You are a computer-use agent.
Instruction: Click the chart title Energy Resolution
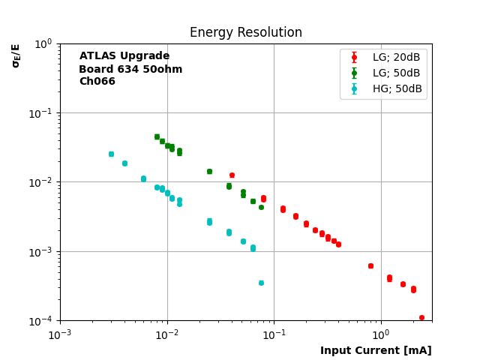click(x=245, y=33)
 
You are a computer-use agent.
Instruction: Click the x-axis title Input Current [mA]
click(x=376, y=350)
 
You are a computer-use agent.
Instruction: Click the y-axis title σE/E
click(x=16, y=55)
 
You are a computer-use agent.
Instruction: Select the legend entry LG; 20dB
click(x=396, y=57)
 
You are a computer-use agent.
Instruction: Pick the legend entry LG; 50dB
click(x=396, y=73)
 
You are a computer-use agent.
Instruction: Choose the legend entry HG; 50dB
click(x=397, y=88)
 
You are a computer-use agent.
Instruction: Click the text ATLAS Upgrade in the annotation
click(x=124, y=56)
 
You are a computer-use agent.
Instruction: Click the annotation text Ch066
click(x=97, y=82)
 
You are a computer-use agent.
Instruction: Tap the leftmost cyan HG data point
click(x=111, y=154)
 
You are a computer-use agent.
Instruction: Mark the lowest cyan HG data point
click(x=261, y=283)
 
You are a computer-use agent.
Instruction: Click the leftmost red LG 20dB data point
click(x=232, y=175)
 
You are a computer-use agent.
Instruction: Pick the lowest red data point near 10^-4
click(x=421, y=318)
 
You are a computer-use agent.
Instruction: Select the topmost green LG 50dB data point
click(x=157, y=136)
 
